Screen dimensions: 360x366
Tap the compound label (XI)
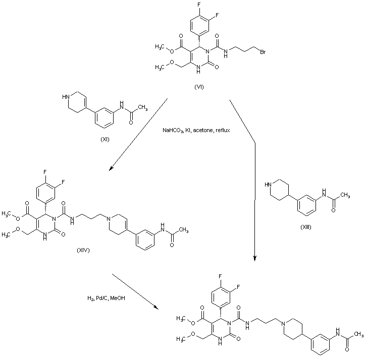click(105, 138)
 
